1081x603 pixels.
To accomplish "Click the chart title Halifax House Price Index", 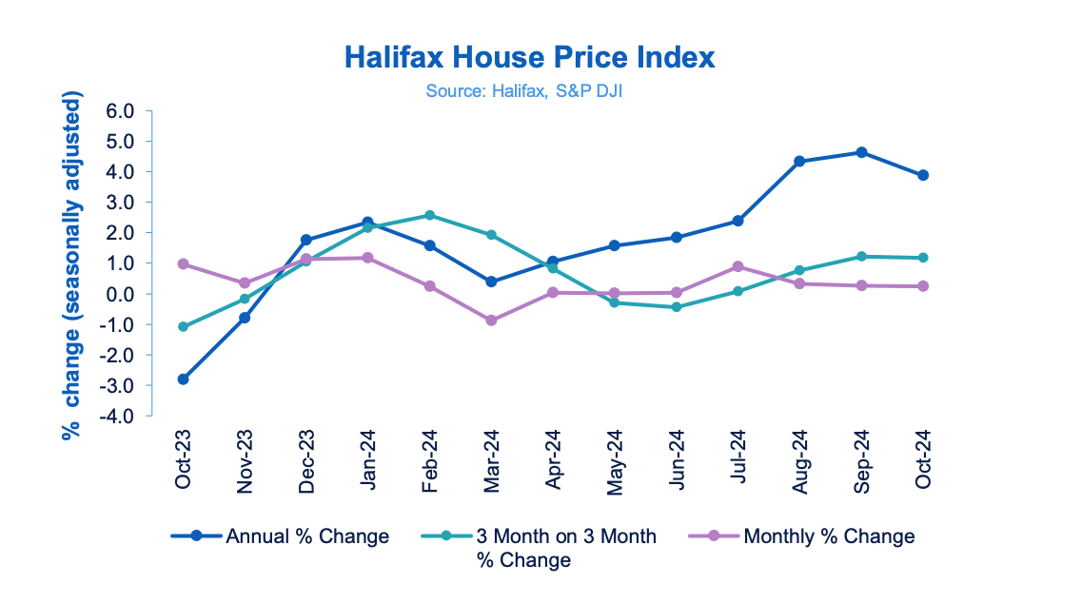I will (x=529, y=58).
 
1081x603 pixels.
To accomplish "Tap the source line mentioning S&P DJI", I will (x=529, y=91).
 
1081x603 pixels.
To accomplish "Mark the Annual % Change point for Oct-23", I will (x=183, y=379).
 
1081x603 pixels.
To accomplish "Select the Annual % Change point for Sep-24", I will (x=861, y=152).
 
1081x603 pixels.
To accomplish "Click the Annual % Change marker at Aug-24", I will (x=799, y=162).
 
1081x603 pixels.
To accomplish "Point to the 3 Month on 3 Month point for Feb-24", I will (x=429, y=215).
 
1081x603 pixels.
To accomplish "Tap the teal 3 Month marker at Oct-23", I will (x=183, y=326).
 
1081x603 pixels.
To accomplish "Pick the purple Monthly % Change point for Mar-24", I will (x=491, y=321).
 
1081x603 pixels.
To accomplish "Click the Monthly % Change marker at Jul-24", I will (x=737, y=266).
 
